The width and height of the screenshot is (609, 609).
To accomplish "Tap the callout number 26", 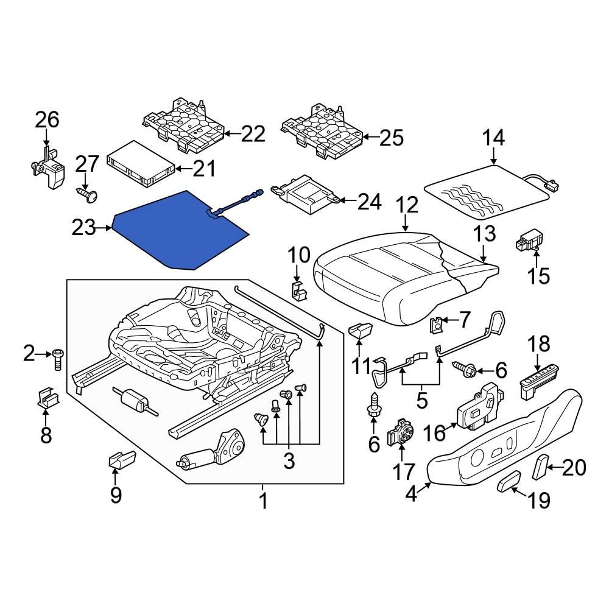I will pos(47,119).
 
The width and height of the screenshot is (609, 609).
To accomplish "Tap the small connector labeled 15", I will pos(527,241).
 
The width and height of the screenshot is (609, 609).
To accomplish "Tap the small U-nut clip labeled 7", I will pos(436,326).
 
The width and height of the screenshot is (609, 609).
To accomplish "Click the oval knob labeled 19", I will pos(507,484).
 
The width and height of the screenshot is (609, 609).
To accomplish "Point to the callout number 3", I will pos(288,461).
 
